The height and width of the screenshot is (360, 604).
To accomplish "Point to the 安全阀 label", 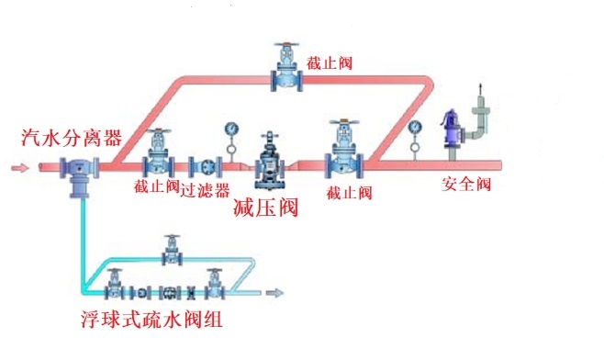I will tap(468, 184).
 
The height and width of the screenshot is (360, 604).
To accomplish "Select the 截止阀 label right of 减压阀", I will tap(349, 192).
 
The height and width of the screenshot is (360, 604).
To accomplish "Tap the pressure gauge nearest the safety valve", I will tap(415, 124).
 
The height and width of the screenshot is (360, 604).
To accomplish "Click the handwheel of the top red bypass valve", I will tap(286, 46).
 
